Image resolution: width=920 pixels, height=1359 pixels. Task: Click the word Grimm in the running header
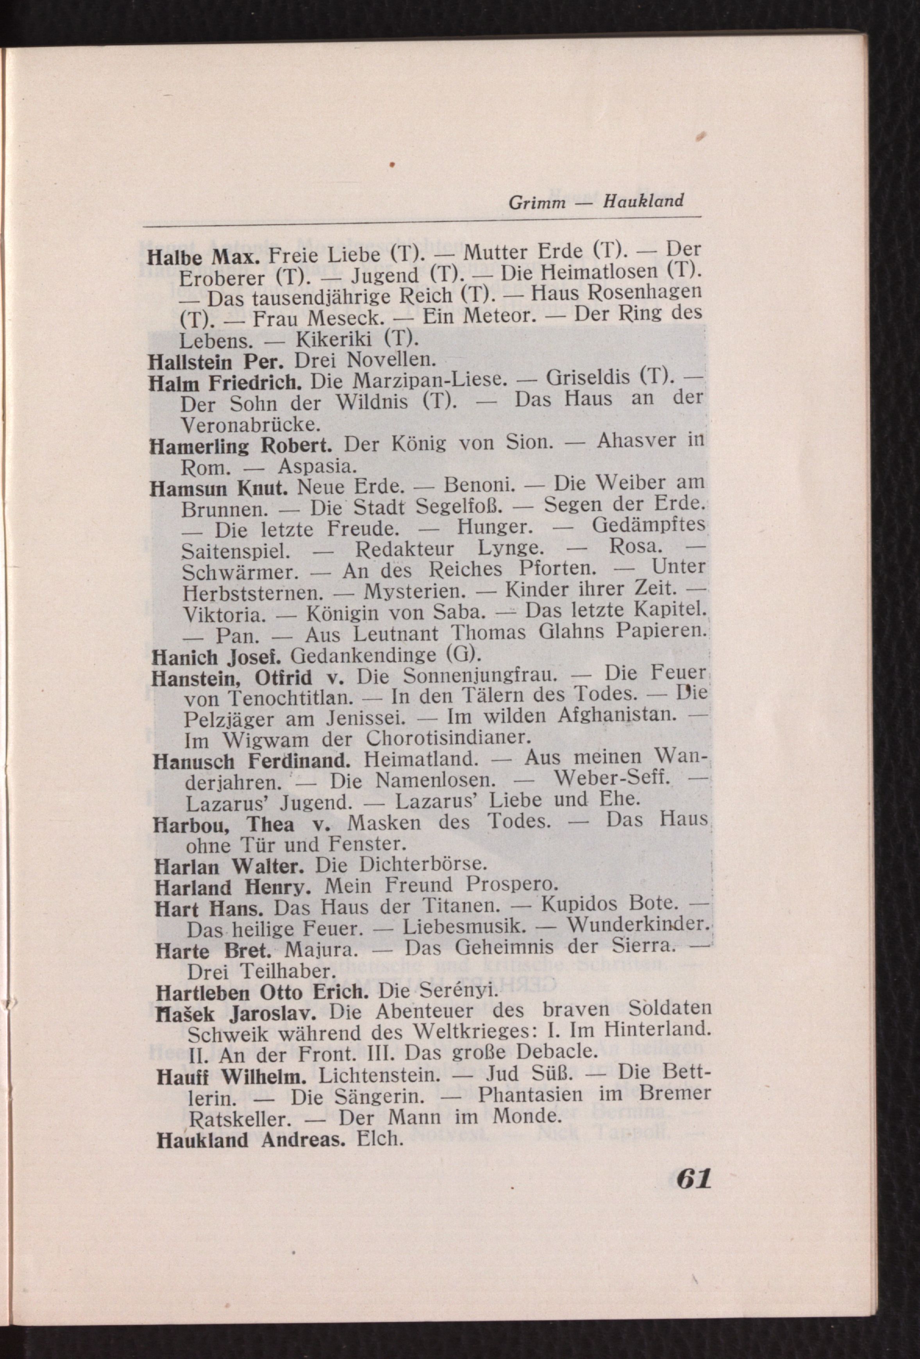[x=537, y=202]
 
